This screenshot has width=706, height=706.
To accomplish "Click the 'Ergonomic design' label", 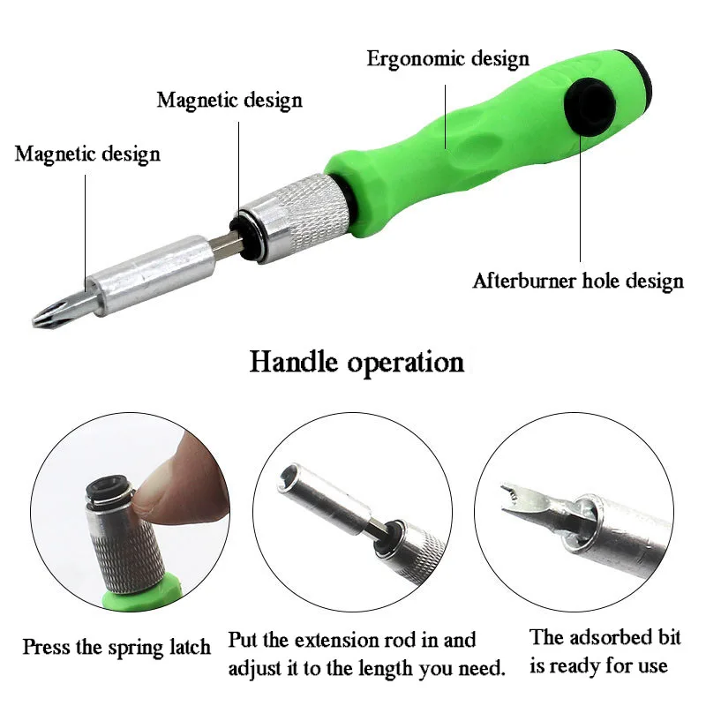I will [448, 59].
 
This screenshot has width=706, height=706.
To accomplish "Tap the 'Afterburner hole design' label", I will [578, 282].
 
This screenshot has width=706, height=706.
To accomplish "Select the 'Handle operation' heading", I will [357, 362].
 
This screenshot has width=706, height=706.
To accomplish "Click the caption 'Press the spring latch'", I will [116, 647].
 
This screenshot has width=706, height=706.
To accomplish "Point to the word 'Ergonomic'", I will [411, 59].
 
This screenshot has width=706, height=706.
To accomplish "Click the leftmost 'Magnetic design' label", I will [87, 154].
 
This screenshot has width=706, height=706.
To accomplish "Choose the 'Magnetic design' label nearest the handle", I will [229, 100].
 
